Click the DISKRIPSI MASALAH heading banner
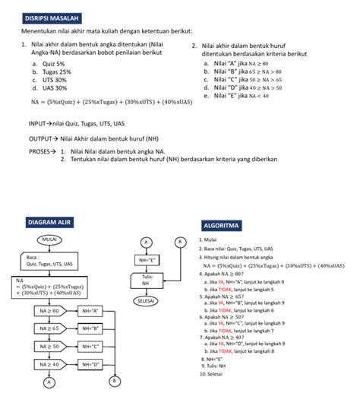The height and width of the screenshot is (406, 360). click(50, 17)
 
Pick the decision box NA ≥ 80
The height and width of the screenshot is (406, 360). click(49, 311)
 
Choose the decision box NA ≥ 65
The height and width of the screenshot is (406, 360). click(49, 328)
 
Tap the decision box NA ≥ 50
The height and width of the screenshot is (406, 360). click(49, 346)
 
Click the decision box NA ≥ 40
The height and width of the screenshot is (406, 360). click(49, 364)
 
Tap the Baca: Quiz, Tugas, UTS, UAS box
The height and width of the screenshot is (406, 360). click(47, 261)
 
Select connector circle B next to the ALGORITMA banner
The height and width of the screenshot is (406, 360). click(180, 242)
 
